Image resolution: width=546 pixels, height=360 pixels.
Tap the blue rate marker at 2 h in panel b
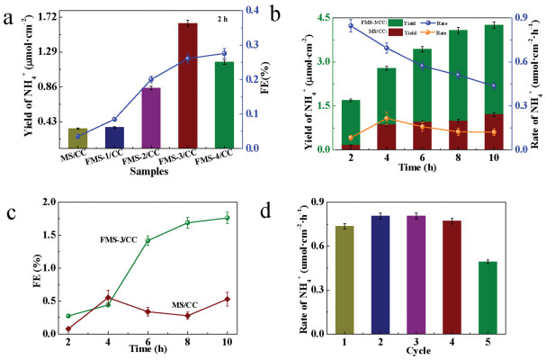tap(325, 26)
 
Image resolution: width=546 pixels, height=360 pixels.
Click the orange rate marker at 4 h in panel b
tap(362, 119)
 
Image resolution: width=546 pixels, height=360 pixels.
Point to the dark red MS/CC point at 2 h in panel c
tap(68, 328)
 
